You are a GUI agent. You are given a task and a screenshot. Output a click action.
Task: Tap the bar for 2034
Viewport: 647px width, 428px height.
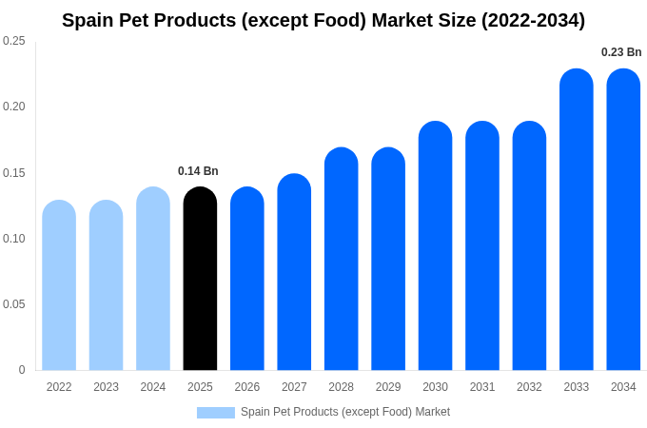pos(623,220)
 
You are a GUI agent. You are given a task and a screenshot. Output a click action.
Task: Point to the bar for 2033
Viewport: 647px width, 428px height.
pos(576,220)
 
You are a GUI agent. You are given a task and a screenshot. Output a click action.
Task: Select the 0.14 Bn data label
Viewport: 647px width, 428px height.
pos(198,171)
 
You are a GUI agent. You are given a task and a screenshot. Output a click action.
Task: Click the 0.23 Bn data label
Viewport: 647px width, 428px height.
pos(621,52)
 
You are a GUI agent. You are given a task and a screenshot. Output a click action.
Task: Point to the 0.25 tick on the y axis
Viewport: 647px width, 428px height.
pos(14,41)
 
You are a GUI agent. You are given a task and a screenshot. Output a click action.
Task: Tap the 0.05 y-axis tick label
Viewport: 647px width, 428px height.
pos(14,304)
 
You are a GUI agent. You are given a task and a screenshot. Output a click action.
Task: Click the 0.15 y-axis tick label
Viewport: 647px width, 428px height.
pos(14,173)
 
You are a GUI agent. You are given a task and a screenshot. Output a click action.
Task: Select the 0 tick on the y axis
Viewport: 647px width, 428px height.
pos(22,370)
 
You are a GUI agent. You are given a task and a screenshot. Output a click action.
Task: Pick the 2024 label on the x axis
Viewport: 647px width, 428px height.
pos(153,387)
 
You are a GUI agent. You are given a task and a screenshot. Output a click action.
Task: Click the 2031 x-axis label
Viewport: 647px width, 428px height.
pos(482,387)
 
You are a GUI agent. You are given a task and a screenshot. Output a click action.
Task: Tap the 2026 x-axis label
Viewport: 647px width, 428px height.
pos(247,387)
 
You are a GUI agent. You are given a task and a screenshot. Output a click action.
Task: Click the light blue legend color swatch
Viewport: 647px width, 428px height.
pos(216,413)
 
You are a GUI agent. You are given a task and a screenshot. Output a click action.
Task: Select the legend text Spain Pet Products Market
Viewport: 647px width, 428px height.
pos(345,412)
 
